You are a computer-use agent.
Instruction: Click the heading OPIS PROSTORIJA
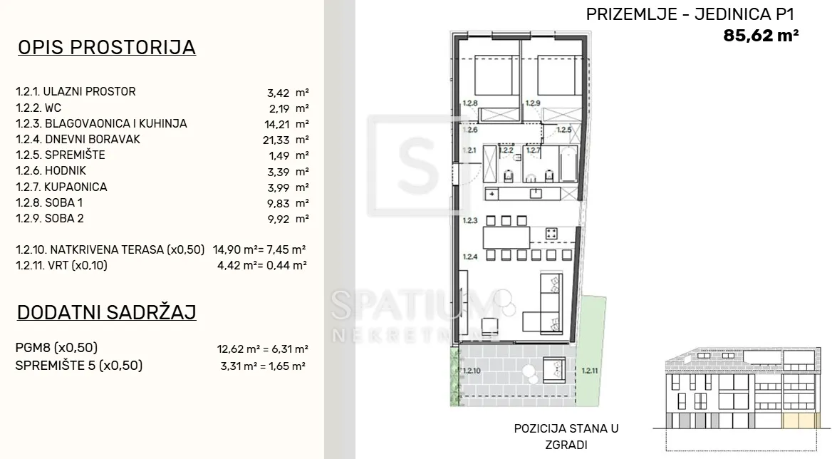click(x=107, y=47)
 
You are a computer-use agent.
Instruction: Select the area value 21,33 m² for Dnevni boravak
click(x=288, y=140)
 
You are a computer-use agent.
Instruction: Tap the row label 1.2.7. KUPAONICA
click(x=61, y=187)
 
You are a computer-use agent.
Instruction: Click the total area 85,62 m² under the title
click(x=761, y=36)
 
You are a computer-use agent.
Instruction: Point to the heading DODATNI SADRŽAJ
click(x=107, y=312)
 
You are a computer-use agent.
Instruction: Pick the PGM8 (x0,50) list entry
click(x=56, y=348)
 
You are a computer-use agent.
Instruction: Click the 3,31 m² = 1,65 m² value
click(x=263, y=366)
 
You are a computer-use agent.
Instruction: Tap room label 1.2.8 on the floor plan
click(x=470, y=103)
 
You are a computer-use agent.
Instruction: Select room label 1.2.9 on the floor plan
click(x=533, y=103)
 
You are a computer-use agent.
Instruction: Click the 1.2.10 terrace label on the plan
click(x=472, y=371)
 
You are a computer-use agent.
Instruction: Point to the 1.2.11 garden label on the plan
click(x=590, y=371)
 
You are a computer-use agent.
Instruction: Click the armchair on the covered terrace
click(x=554, y=369)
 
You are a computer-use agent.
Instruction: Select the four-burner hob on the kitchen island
click(x=551, y=234)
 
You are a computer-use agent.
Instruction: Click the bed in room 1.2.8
click(x=496, y=76)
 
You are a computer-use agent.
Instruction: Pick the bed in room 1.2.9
click(x=561, y=76)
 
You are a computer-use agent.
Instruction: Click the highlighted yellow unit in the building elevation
click(x=800, y=421)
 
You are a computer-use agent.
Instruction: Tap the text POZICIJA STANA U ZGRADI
click(x=566, y=436)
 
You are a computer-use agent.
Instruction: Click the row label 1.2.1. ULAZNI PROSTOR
click(x=76, y=92)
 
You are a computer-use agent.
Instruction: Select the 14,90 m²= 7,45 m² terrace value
click(x=259, y=249)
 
